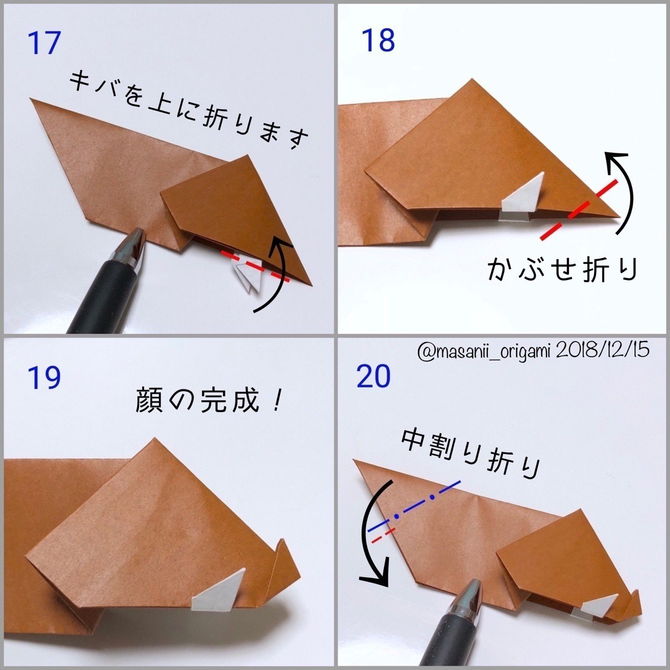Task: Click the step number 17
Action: (x=44, y=43)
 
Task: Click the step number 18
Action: (x=378, y=40)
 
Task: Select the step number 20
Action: (x=374, y=376)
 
